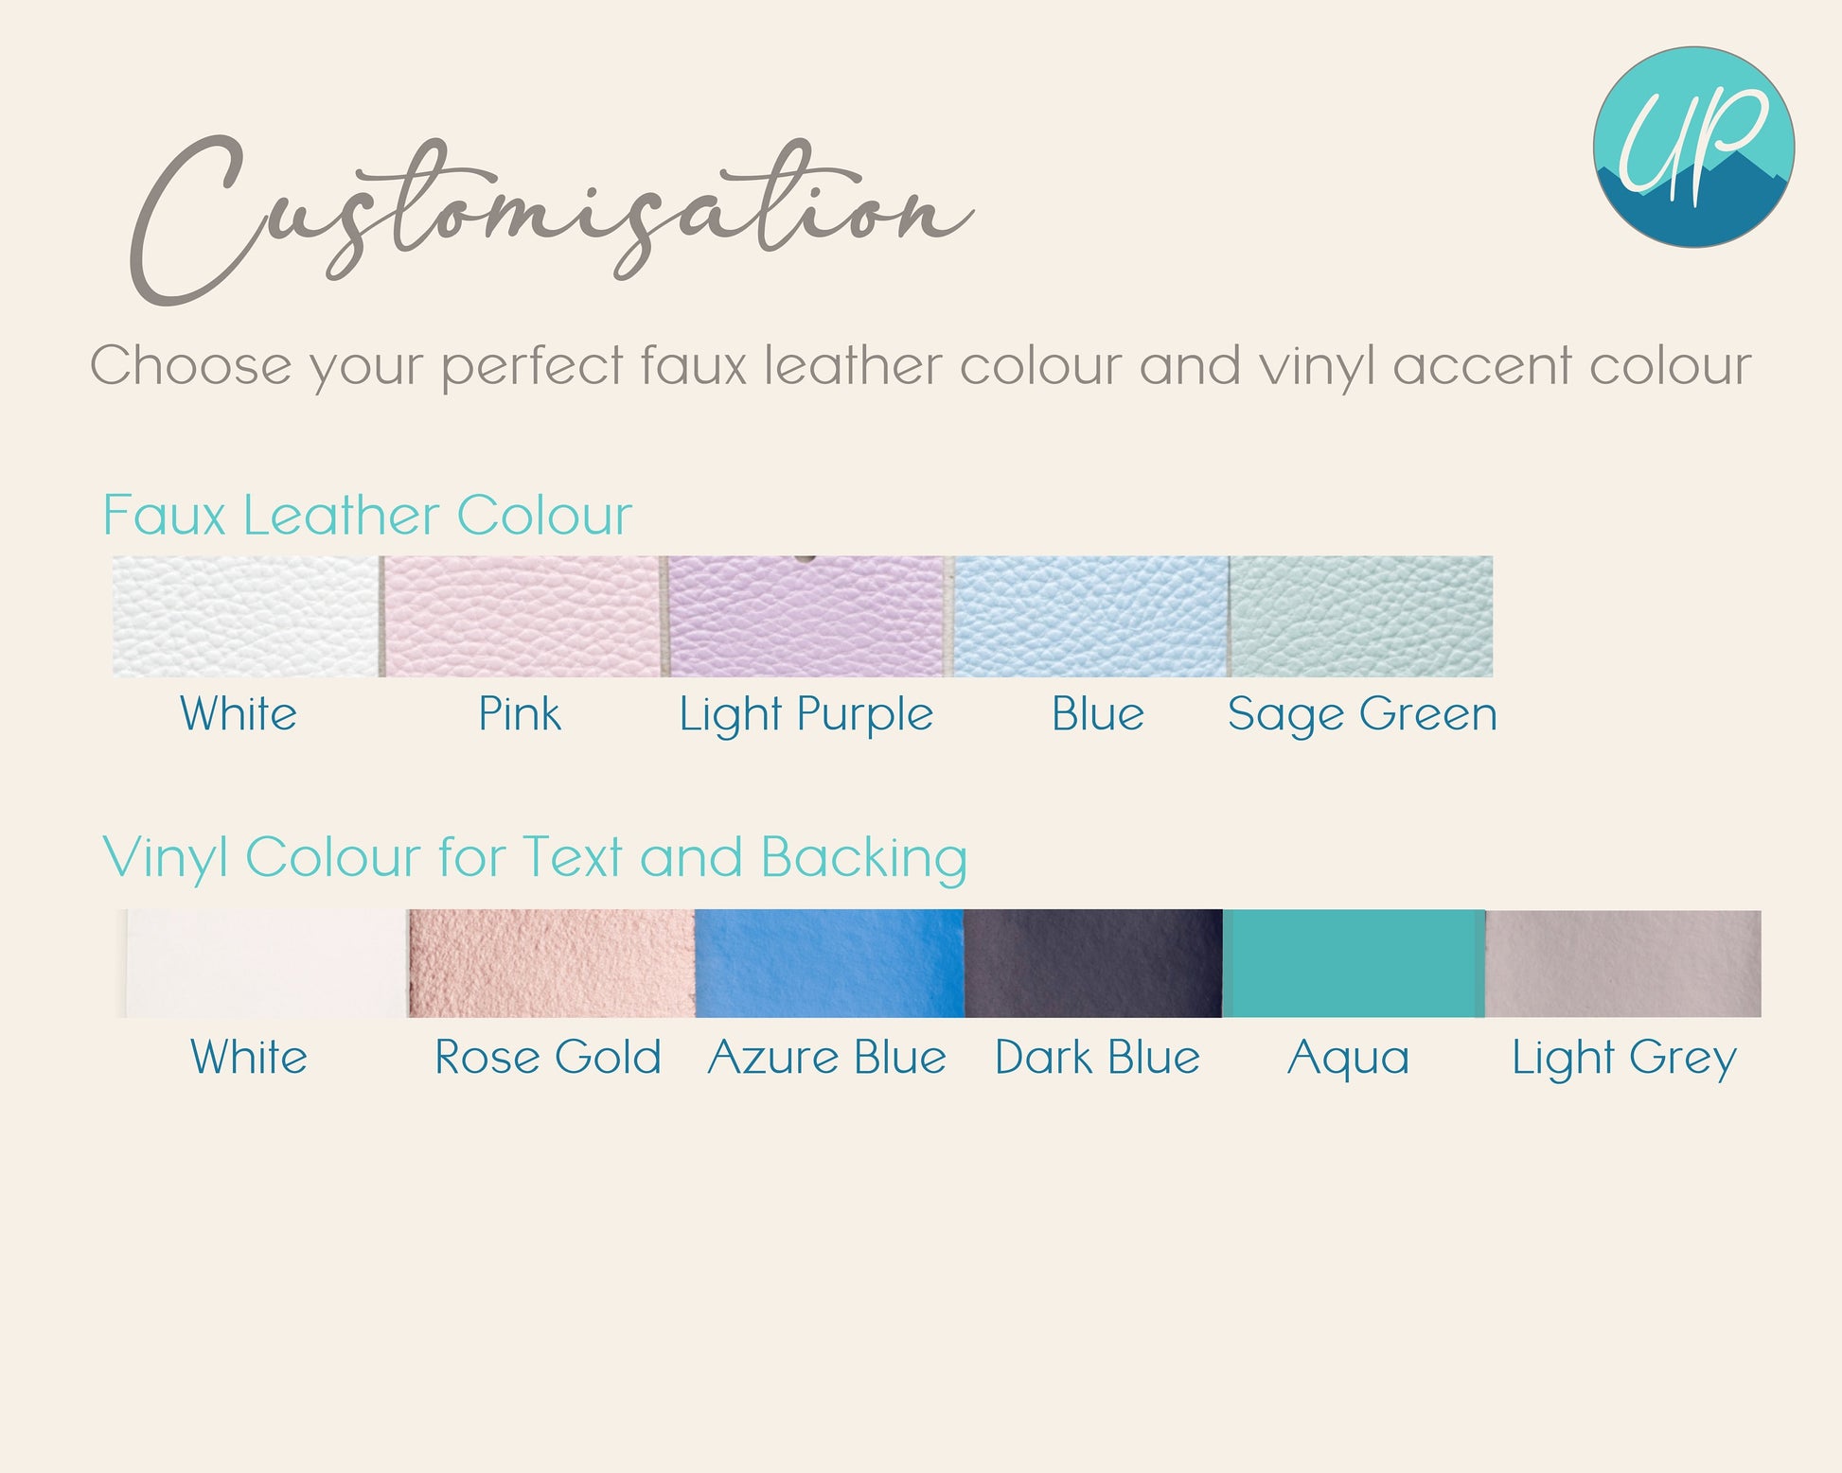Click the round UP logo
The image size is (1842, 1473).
(1693, 147)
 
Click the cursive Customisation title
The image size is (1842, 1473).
(552, 219)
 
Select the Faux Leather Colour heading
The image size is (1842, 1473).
(367, 516)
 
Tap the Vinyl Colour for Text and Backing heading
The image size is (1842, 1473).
(535, 858)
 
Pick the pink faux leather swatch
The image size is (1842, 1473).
(523, 616)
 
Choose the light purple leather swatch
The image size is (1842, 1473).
(807, 616)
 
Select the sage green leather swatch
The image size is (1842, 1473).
(1361, 616)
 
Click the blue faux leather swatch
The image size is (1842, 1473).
(1090, 616)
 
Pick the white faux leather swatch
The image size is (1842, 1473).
(245, 616)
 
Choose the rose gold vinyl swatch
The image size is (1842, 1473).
(552, 963)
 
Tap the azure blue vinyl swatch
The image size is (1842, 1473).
(829, 963)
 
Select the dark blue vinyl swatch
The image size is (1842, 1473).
(1093, 963)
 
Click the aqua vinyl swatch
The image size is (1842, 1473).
(1354, 963)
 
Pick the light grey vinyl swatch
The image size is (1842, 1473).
(1623, 963)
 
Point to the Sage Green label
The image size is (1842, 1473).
(1362, 715)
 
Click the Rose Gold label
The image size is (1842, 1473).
(548, 1057)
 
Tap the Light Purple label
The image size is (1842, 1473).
(806, 715)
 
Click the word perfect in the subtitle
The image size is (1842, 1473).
(533, 367)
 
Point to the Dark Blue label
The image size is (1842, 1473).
(1097, 1057)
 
